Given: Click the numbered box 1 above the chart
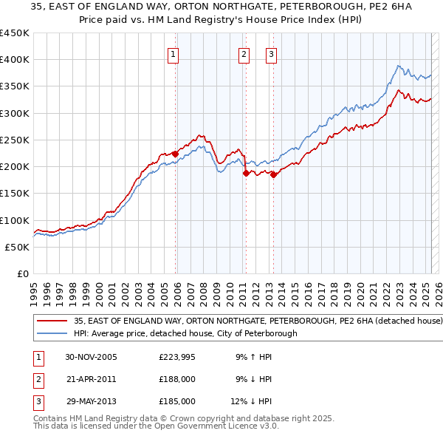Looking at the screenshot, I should coord(173,53).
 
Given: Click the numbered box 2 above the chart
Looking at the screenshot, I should coord(243,53).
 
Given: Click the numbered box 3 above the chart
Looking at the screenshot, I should coord(271,53).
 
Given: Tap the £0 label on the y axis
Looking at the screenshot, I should coord(24,273).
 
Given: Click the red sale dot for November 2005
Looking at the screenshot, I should coord(176,154).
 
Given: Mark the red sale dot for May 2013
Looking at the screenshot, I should coord(273,174).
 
